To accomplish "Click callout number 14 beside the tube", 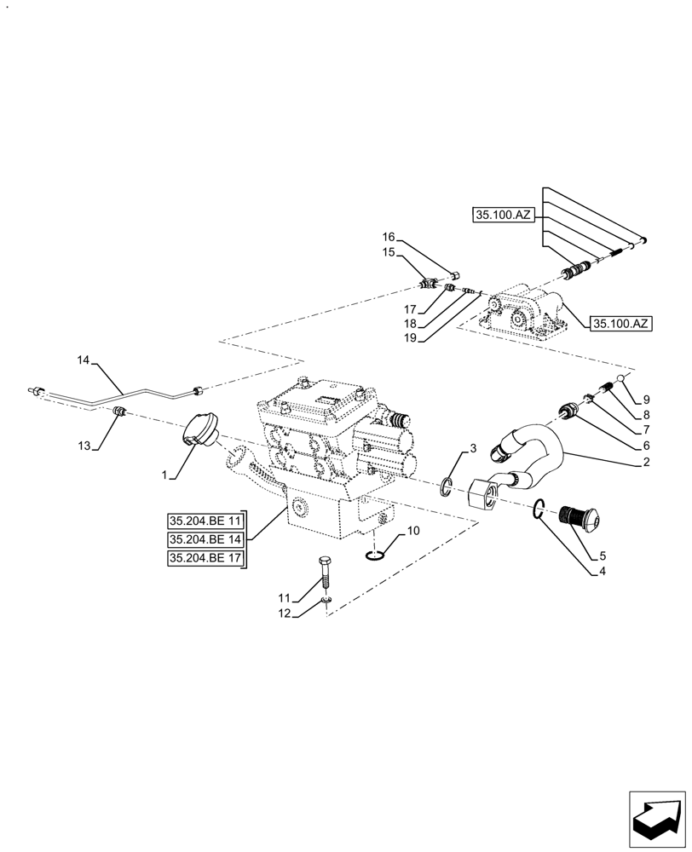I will [x=83, y=361].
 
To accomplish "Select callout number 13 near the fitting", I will [x=83, y=445].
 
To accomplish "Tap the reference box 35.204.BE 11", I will [x=206, y=521].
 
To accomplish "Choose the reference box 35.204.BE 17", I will [x=206, y=559].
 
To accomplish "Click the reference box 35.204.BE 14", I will [x=206, y=540].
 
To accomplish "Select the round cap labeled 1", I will [x=198, y=429].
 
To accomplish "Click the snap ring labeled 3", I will [x=447, y=487].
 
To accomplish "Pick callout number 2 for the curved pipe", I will [x=646, y=463].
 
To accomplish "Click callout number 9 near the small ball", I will [x=646, y=398].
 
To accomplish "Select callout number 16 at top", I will [x=388, y=236].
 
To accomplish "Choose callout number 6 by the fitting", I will [x=646, y=446].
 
